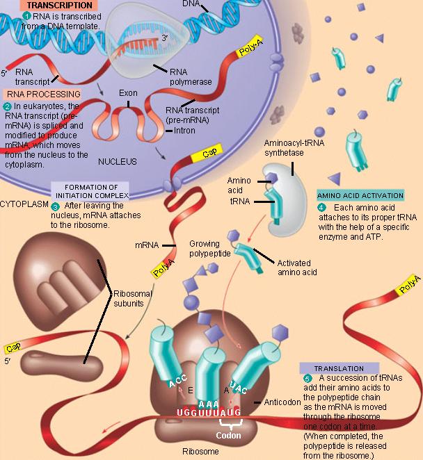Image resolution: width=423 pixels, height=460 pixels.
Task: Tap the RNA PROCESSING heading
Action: coord(43,94)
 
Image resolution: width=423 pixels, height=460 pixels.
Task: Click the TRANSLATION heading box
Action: coord(339,368)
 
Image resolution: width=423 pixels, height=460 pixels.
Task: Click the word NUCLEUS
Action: coord(116,161)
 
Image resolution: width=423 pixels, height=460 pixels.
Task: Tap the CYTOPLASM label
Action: coord(22,206)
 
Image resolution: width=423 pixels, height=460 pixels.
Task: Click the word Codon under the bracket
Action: coord(228,437)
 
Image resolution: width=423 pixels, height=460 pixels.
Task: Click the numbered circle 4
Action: coord(321,207)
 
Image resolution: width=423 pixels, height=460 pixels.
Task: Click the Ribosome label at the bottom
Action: coord(200,452)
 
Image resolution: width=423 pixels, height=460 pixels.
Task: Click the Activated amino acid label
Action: coord(297,268)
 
